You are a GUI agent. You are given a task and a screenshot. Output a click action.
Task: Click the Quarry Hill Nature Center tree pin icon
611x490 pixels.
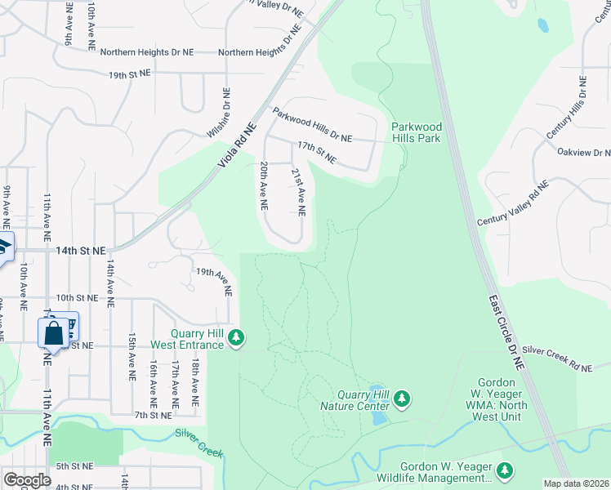point(401,399)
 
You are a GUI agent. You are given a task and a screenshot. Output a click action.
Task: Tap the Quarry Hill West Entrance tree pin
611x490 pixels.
point(236,337)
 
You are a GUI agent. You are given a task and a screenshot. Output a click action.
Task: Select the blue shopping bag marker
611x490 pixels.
point(54,334)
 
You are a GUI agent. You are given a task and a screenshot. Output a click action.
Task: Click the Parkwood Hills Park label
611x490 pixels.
point(416,132)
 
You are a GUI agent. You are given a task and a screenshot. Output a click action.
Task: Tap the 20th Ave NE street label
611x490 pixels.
point(265,187)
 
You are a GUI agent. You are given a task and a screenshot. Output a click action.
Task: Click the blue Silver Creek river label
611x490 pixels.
point(198,442)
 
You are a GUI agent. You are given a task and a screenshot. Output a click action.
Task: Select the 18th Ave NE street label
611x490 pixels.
point(195,382)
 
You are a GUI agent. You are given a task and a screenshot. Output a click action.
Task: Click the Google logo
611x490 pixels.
point(27,480)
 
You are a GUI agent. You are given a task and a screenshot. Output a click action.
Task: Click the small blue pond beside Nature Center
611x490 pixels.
point(378,406)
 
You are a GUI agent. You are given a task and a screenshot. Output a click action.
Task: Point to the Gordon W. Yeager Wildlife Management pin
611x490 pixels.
point(505,470)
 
